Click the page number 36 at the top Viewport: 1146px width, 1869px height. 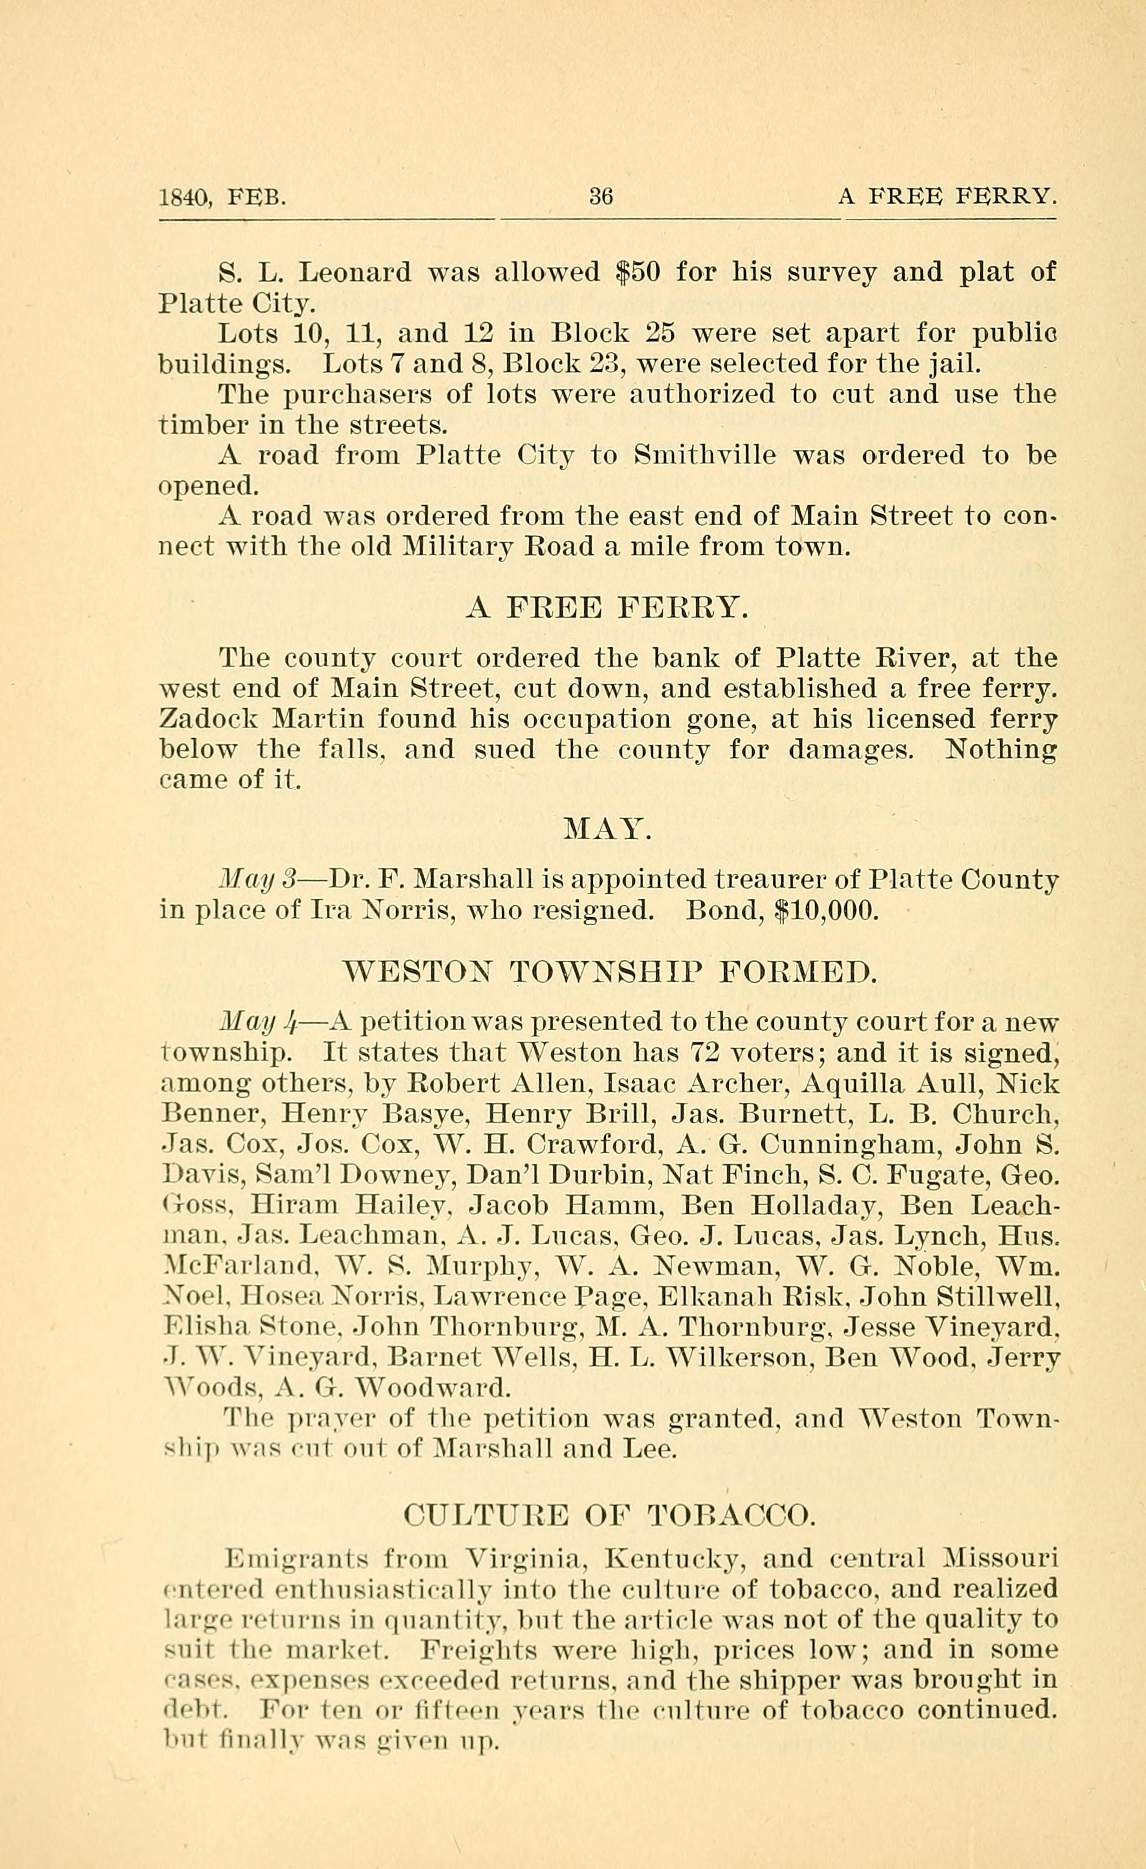point(600,197)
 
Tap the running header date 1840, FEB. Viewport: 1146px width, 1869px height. point(222,198)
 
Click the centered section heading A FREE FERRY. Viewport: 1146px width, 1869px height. point(607,607)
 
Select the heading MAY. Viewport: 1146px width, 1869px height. point(608,829)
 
